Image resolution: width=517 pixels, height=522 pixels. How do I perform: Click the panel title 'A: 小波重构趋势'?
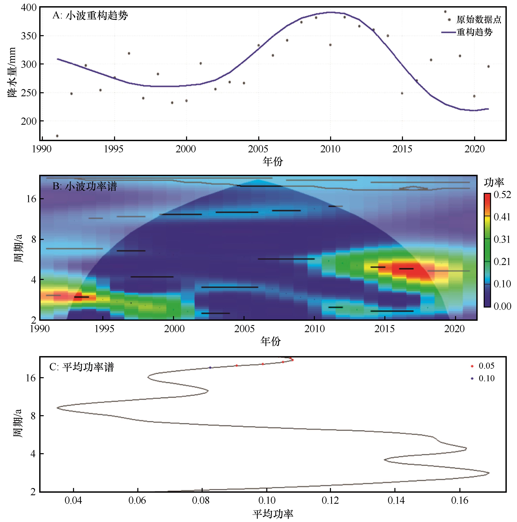[90, 16]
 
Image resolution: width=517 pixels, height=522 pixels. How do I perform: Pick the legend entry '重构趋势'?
[474, 32]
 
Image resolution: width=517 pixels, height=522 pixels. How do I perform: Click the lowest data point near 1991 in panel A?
[57, 136]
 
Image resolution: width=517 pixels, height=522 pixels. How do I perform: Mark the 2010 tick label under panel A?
[330, 149]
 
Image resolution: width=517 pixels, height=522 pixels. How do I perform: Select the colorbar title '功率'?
[494, 183]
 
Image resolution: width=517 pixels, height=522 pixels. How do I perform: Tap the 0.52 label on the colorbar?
[502, 195]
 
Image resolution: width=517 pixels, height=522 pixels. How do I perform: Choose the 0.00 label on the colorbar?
[502, 306]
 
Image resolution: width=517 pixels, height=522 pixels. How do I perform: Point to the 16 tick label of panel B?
[31, 199]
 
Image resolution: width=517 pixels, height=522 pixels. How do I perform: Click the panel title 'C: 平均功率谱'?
[82, 367]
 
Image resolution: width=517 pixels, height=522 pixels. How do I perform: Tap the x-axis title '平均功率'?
[273, 514]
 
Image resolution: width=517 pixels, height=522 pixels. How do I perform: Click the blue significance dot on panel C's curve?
[210, 368]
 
